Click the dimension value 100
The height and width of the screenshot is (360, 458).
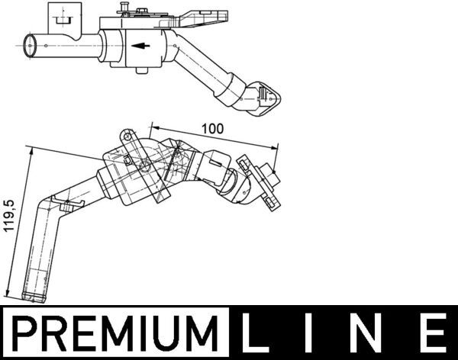[213, 128]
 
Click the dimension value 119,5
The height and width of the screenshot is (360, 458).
[8, 216]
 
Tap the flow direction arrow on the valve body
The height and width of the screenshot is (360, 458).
[140, 46]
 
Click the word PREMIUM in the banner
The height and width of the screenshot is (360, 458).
[116, 333]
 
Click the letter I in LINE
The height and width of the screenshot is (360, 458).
[309, 333]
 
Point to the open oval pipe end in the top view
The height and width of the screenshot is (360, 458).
[30, 46]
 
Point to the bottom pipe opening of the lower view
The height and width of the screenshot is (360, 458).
[34, 297]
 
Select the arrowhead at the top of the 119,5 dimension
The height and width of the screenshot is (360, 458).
[31, 151]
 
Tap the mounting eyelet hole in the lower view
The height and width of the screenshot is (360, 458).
[127, 137]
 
